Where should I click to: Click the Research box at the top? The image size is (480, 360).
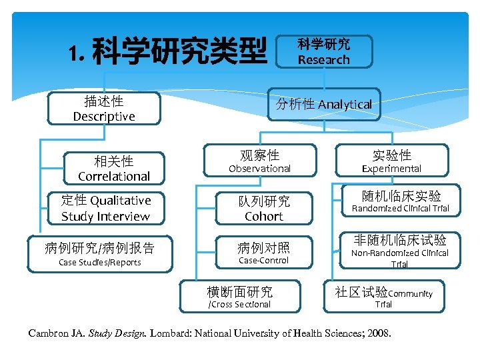click(324, 52)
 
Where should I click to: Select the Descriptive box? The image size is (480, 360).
click(104, 109)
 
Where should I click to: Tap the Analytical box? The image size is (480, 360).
click(324, 105)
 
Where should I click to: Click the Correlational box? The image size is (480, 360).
click(114, 169)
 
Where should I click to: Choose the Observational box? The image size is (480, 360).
click(260, 161)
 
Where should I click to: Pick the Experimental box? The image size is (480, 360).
click(391, 161)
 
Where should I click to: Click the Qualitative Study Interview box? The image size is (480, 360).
click(106, 208)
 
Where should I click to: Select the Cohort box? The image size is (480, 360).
click(264, 209)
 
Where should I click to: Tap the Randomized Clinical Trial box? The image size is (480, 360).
click(401, 201)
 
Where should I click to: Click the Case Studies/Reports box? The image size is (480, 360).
click(100, 254)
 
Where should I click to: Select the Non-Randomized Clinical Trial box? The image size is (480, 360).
click(400, 250)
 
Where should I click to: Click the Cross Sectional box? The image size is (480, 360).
click(240, 297)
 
